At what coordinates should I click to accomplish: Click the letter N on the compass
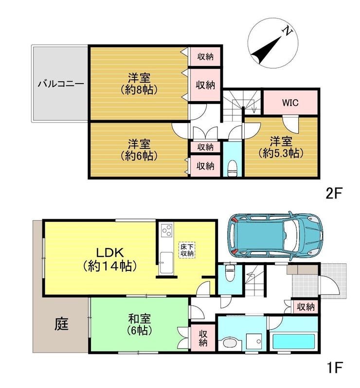click(x=288, y=31)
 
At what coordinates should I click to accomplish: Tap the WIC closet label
click(x=290, y=103)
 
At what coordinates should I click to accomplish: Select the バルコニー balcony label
click(x=61, y=84)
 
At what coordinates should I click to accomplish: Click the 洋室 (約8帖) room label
click(x=139, y=84)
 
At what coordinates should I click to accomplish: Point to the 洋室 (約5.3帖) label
click(x=281, y=147)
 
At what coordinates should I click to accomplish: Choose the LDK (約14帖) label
click(x=110, y=260)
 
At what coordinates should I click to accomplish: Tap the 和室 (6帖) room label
click(x=140, y=324)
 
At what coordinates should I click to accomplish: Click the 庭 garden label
click(x=62, y=324)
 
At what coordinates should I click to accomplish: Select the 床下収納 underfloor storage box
click(x=187, y=250)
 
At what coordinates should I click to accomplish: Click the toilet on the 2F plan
click(x=232, y=168)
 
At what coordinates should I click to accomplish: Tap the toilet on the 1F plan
click(x=230, y=273)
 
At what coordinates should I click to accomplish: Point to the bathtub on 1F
click(x=294, y=341)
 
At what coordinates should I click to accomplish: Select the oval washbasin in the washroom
click(x=230, y=343)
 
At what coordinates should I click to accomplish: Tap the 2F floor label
click(x=334, y=194)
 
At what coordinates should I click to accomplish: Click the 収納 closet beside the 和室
click(x=203, y=338)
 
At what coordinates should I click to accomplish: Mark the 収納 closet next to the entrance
click(x=306, y=307)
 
